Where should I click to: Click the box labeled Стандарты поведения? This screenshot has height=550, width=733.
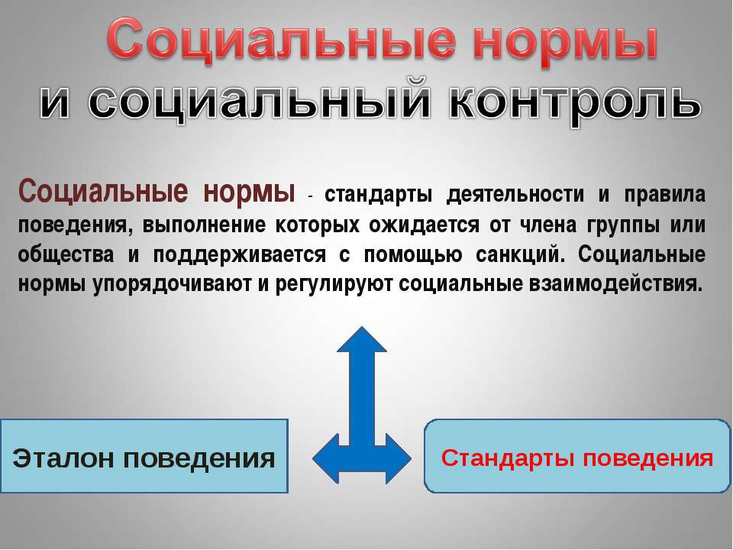click(577, 458)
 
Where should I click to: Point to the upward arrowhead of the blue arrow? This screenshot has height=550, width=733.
click(362, 344)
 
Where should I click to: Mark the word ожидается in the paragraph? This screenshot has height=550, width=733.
click(418, 225)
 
